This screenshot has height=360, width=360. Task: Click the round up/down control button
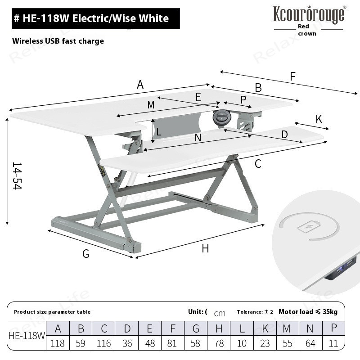pyautogui.click(x=221, y=117)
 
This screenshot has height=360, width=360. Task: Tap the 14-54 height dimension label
pyautogui.click(x=17, y=176)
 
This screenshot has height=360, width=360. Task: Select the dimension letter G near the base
pyautogui.click(x=85, y=254)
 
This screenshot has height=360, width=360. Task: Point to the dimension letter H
pyautogui.click(x=205, y=248)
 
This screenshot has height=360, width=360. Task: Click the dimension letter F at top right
pyautogui.click(x=292, y=76)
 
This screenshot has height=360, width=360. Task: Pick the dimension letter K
pyautogui.click(x=319, y=119)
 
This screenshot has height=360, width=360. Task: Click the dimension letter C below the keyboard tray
pyautogui.click(x=258, y=164)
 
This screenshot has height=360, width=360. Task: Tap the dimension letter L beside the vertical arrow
pyautogui.click(x=159, y=132)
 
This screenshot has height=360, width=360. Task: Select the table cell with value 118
pyautogui.click(x=58, y=343)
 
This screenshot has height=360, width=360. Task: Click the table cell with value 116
pyautogui.click(x=104, y=343)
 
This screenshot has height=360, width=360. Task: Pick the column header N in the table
pyautogui.click(x=310, y=328)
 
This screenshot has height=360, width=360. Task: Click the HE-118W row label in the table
pyautogui.click(x=27, y=336)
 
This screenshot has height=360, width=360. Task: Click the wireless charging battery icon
pyautogui.click(x=308, y=228)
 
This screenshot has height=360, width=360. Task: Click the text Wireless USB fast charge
pyautogui.click(x=58, y=41)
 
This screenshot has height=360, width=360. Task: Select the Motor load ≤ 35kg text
pyautogui.click(x=308, y=312)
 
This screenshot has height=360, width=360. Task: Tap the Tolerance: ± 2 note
pyautogui.click(x=255, y=312)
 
